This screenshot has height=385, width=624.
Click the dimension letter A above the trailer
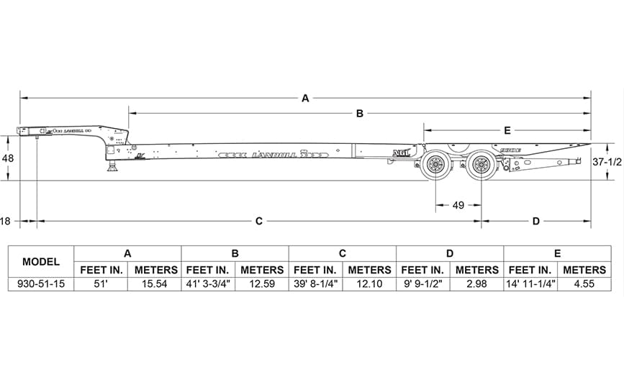pyautogui.click(x=305, y=98)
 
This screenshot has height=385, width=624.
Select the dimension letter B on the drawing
pyautogui.click(x=359, y=113)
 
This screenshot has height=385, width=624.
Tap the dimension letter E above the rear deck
pyautogui.click(x=507, y=130)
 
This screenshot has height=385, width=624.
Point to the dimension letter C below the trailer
pyautogui.click(x=259, y=222)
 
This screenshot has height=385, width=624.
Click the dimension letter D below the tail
pyautogui.click(x=536, y=222)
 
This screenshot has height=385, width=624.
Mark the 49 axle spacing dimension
pyautogui.click(x=458, y=205)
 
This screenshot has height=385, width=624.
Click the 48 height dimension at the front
pyautogui.click(x=8, y=158)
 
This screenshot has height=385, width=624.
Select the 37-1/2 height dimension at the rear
pyautogui.click(x=607, y=163)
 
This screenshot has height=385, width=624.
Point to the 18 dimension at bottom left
pyautogui.click(x=6, y=222)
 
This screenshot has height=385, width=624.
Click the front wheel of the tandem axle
pyautogui.click(x=435, y=166)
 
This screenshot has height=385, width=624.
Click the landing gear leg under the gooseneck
pyautogui.click(x=113, y=166)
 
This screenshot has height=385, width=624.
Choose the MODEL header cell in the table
pyautogui.click(x=40, y=261)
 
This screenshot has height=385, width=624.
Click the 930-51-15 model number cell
pyautogui.click(x=40, y=284)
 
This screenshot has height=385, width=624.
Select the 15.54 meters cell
pyautogui.click(x=154, y=284)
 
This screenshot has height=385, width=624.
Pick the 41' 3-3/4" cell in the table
pyautogui.click(x=208, y=284)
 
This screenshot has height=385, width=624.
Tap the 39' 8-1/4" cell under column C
pyautogui.click(x=315, y=284)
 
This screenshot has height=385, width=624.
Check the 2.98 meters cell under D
pyautogui.click(x=476, y=284)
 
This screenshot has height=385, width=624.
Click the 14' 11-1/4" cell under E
pyautogui.click(x=530, y=284)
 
